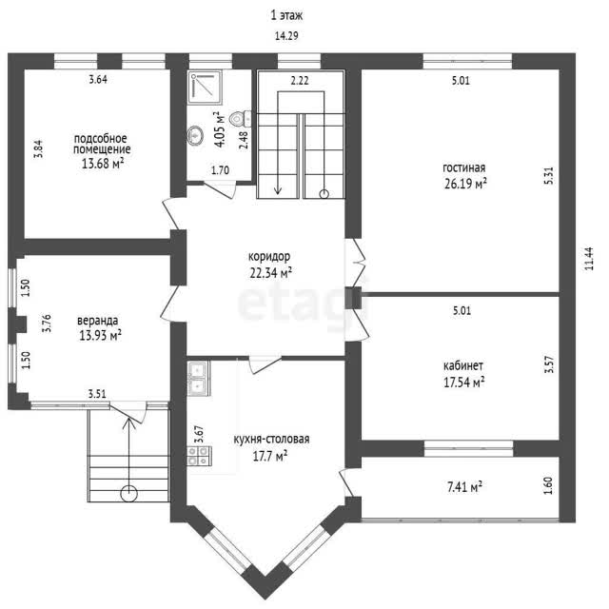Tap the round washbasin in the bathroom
[x=195, y=135]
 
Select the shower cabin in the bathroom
[x=206, y=88]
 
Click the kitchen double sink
[x=199, y=378]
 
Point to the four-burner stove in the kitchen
[x=199, y=456]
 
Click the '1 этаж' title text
[x=286, y=15]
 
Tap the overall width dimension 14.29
[x=286, y=36]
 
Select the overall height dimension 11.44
[x=589, y=259]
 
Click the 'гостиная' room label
[x=463, y=167]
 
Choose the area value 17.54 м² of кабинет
[x=464, y=383]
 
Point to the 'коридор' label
[x=269, y=257]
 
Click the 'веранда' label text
[x=97, y=321]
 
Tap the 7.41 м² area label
[x=464, y=486]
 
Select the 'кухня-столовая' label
[x=271, y=440]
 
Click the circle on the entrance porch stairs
[x=128, y=494]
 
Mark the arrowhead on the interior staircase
[x=277, y=190]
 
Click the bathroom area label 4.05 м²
[x=220, y=129]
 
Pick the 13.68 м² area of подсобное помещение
[x=103, y=164]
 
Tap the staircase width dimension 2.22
[x=300, y=80]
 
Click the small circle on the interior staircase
[x=324, y=193]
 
